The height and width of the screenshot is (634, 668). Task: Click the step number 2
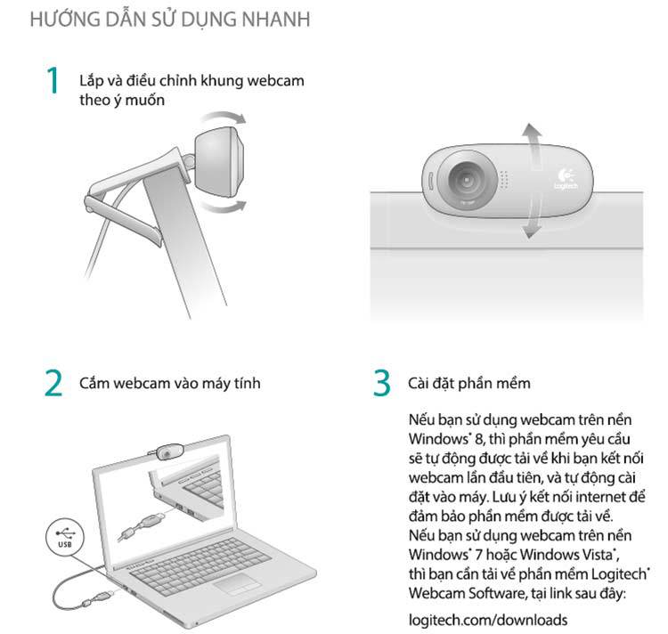pyautogui.click(x=53, y=383)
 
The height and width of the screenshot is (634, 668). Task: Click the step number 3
pyautogui.click(x=381, y=383)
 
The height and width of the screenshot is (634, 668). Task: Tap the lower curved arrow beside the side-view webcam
pyautogui.click(x=224, y=206)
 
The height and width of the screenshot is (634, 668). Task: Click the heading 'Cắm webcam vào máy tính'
pyautogui.click(x=170, y=383)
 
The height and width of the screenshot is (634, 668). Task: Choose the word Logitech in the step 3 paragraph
pyautogui.click(x=617, y=574)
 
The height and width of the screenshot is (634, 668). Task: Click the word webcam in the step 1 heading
pyautogui.click(x=277, y=81)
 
